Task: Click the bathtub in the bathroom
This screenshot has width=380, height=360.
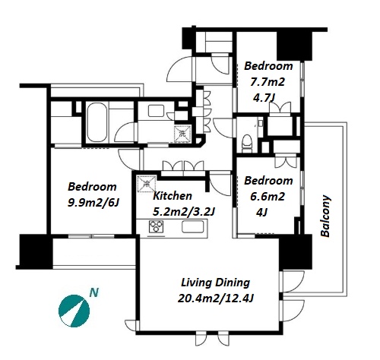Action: pyautogui.click(x=97, y=122)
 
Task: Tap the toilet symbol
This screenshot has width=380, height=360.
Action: pyautogui.click(x=247, y=144)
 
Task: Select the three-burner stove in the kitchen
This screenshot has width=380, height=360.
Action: pyautogui.click(x=157, y=226)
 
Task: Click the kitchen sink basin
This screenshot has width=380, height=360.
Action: pyautogui.click(x=193, y=226)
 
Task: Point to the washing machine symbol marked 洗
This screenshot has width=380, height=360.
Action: pyautogui.click(x=182, y=134)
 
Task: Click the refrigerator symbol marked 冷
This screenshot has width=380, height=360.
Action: pyautogui.click(x=147, y=184)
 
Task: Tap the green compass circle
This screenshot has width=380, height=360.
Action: pyautogui.click(x=74, y=311)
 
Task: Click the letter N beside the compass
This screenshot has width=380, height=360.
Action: pyautogui.click(x=94, y=292)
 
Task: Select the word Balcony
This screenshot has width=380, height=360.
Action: pyautogui.click(x=325, y=216)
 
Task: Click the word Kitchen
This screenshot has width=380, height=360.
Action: pyautogui.click(x=173, y=196)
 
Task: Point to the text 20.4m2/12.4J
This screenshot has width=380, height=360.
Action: pyautogui.click(x=216, y=298)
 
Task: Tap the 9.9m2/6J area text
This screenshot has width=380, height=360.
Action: pyautogui.click(x=93, y=203)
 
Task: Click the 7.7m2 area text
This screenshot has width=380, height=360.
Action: pyautogui.click(x=268, y=82)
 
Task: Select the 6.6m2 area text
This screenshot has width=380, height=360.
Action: pyautogui.click(x=268, y=197)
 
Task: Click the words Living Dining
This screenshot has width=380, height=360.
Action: pyautogui.click(x=215, y=283)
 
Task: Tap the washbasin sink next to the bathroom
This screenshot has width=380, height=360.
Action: pyautogui.click(x=156, y=111)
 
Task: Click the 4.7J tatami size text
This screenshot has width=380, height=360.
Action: pyautogui.click(x=264, y=97)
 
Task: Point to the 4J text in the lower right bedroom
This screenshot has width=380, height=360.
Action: pyautogui.click(x=261, y=212)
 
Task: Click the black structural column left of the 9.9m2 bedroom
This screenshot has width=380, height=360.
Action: pyautogui.click(x=36, y=251)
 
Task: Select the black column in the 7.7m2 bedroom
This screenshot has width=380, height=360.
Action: pyautogui.click(x=294, y=46)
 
